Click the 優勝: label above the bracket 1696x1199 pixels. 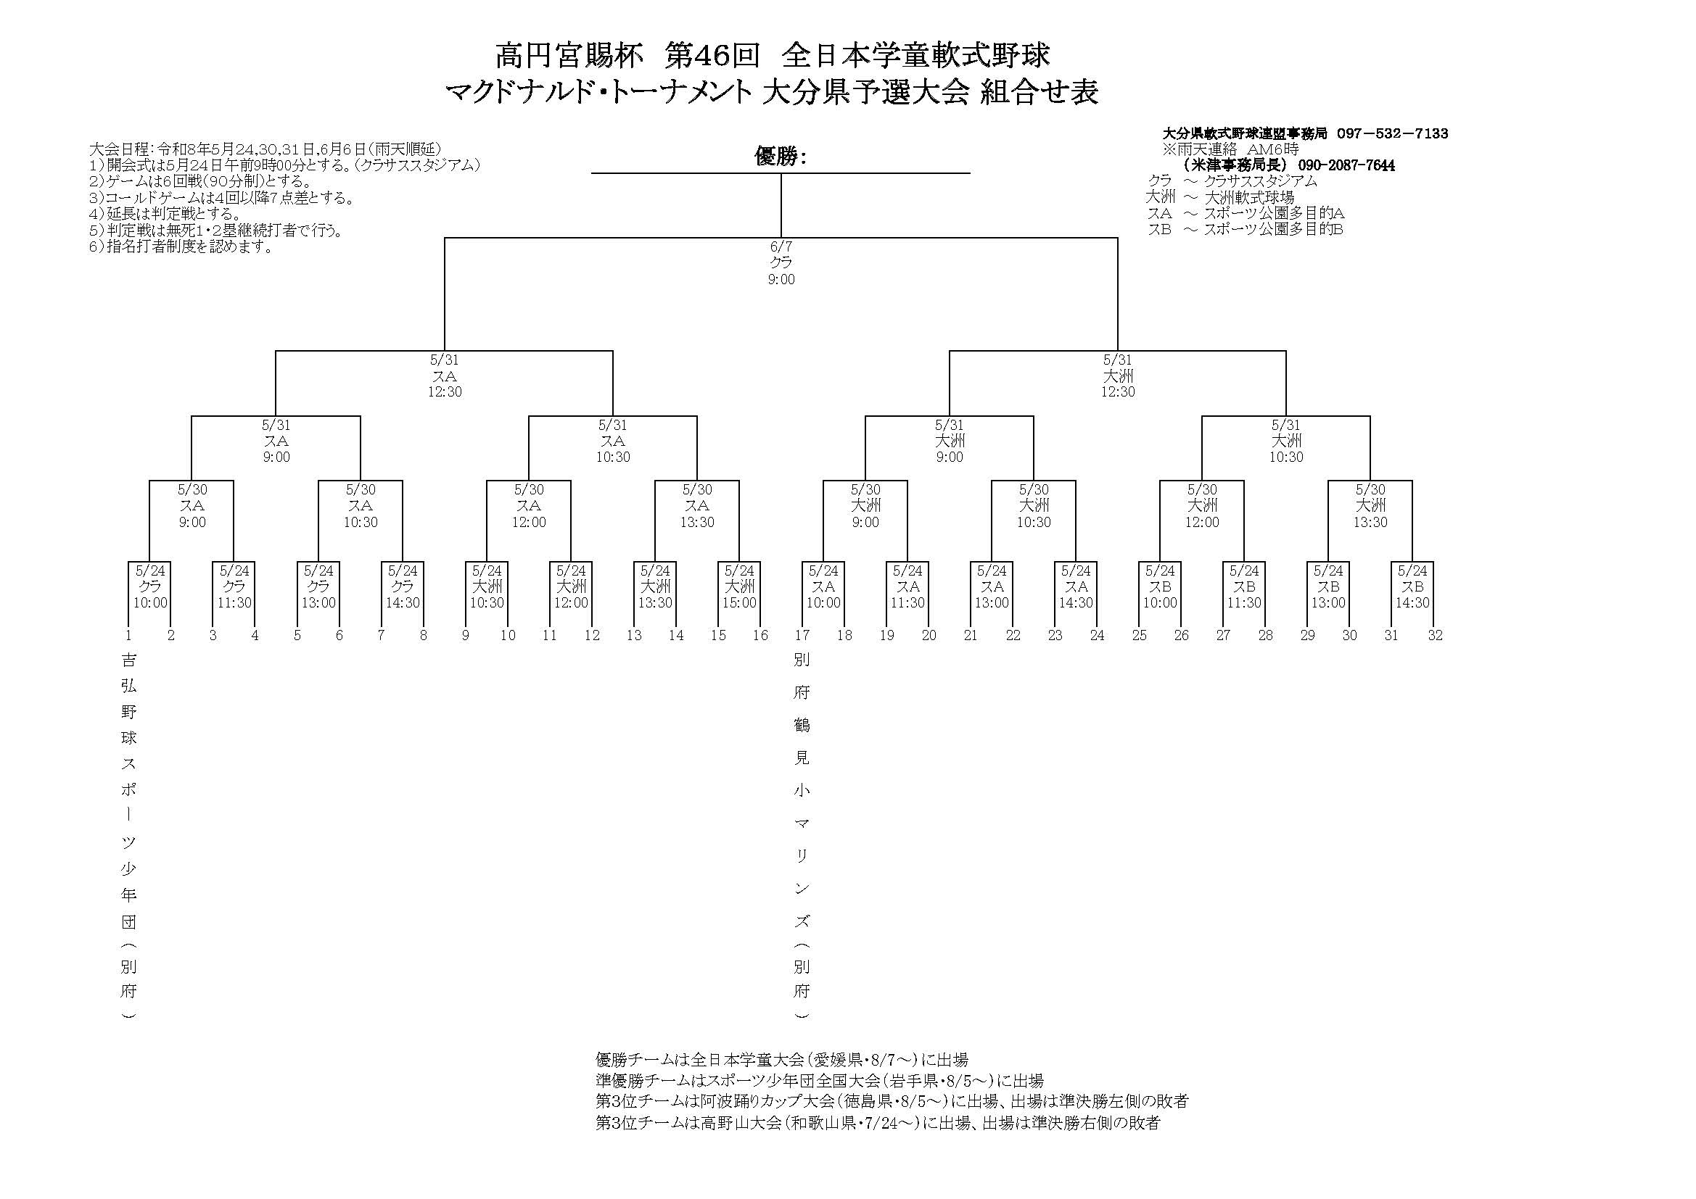780,157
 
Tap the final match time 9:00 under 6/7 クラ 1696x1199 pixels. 781,279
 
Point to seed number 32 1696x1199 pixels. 1435,635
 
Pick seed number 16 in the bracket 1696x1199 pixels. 760,635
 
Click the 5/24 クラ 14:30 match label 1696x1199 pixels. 403,587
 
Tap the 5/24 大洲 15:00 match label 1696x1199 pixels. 739,587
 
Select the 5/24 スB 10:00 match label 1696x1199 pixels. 1160,587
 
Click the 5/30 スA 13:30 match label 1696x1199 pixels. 696,506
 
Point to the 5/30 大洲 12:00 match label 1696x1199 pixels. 1202,506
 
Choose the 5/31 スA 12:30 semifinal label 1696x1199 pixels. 444,376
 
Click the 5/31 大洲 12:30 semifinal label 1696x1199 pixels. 1118,376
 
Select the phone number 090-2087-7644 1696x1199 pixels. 1346,165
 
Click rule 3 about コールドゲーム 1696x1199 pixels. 221,198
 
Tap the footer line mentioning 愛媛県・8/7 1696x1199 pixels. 781,1060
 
